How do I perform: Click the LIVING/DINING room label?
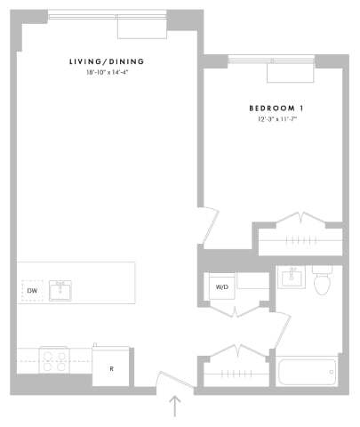point(107,61)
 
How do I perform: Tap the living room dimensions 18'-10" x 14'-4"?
point(107,73)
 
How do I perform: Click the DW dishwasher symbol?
point(32,290)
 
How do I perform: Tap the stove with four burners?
point(53,359)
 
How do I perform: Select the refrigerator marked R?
point(111,367)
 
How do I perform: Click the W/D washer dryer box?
point(221,286)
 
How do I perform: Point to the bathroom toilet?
point(321,280)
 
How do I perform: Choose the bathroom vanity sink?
point(289,278)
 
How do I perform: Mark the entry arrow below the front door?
point(175,407)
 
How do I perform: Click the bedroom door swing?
point(208,226)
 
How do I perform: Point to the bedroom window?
point(271,60)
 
